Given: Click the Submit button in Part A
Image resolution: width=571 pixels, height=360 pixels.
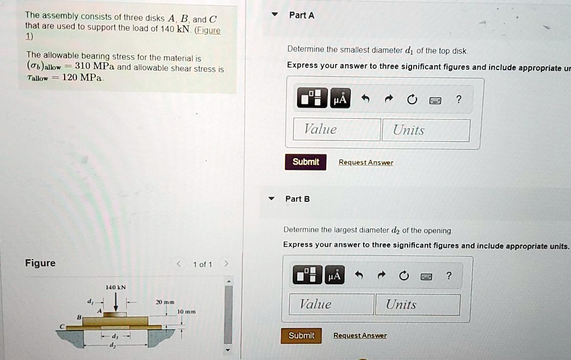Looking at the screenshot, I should [306, 162].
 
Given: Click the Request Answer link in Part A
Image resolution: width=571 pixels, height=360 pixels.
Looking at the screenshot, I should [366, 163].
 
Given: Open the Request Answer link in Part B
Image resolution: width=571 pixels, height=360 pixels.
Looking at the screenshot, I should [360, 335].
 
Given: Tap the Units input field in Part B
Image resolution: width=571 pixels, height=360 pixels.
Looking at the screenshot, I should [418, 304].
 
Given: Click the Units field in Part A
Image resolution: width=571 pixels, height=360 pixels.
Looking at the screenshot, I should [425, 130].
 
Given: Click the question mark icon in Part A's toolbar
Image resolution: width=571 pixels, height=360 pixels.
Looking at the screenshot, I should [458, 99].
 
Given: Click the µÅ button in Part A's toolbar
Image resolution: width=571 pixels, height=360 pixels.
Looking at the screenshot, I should [340, 99].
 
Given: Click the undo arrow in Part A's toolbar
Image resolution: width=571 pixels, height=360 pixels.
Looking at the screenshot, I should [365, 99].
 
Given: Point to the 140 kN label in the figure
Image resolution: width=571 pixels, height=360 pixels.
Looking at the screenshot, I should [116, 288].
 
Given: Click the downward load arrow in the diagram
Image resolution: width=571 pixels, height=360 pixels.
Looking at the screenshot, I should [116, 301].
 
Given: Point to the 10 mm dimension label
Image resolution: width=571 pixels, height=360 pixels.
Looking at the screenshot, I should [186, 312].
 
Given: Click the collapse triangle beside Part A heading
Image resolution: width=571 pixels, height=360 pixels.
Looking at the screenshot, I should [273, 15].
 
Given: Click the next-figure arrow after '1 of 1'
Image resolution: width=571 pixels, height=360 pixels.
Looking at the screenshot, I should [226, 264].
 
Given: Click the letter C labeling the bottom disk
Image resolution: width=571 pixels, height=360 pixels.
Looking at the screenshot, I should [63, 327].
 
